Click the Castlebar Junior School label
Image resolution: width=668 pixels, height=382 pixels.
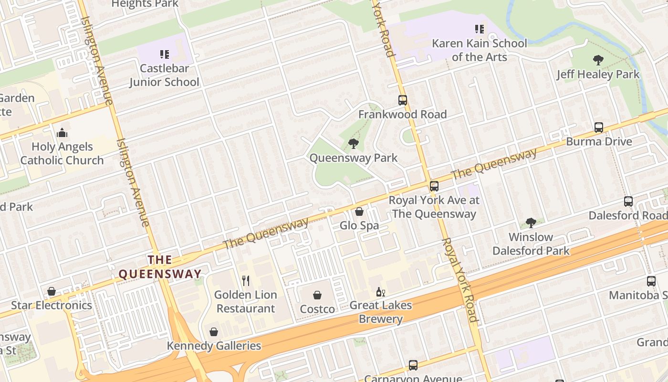click(164, 75)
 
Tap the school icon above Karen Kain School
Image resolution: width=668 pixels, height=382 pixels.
click(480, 29)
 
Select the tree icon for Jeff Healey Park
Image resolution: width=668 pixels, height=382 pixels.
click(598, 60)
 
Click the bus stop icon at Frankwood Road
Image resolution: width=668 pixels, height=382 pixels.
click(403, 100)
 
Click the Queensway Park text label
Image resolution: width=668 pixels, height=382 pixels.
click(353, 158)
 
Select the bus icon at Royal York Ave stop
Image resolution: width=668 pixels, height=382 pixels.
click(434, 186)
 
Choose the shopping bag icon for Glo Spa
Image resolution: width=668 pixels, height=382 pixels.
click(359, 211)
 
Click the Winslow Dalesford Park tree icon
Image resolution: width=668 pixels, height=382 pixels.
click(531, 223)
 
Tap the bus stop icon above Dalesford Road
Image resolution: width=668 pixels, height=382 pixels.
click(628, 202)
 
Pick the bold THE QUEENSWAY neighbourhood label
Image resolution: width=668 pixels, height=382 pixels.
click(160, 267)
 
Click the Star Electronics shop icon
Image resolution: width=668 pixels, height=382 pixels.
click(52, 291)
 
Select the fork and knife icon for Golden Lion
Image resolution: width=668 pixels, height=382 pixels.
click(246, 280)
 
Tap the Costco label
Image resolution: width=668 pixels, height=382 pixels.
click(317, 309)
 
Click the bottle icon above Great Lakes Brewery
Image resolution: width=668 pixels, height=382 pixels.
click(380, 292)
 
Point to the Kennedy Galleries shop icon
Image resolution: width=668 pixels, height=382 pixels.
click(214, 332)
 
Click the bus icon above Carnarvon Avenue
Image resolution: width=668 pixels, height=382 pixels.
click(413, 365)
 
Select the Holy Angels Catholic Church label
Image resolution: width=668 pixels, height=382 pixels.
click(62, 153)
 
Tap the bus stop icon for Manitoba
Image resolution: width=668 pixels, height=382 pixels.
click(651, 281)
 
